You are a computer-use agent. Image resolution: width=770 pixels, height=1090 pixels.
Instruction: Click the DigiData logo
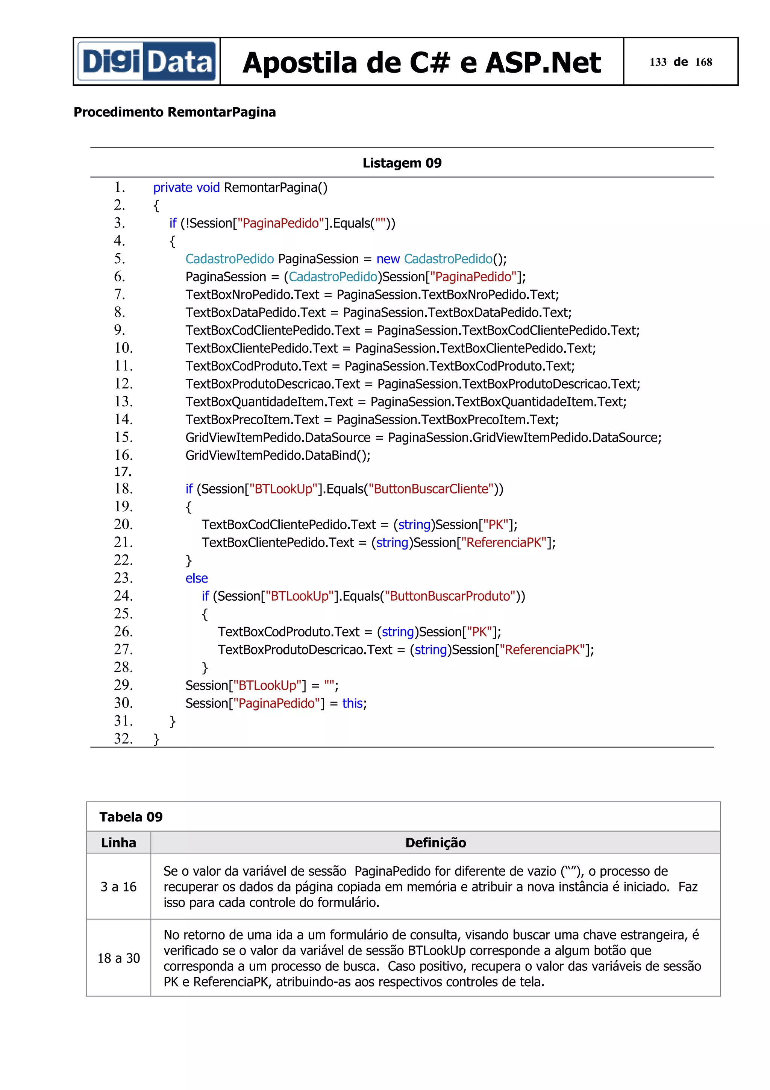tap(147, 61)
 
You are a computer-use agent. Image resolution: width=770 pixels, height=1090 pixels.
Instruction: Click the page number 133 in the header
tap(658, 62)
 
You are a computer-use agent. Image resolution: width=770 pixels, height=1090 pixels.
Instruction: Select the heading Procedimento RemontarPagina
tap(174, 112)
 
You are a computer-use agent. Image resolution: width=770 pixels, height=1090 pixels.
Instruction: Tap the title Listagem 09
tap(402, 163)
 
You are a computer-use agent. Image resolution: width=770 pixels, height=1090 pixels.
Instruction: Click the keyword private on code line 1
tap(172, 188)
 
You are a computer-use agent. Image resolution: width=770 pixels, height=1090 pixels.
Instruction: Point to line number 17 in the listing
tap(123, 471)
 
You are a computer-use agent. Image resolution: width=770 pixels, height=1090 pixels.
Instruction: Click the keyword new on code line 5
tap(388, 259)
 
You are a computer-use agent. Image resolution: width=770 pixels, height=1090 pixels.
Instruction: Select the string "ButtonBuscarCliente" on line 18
tap(431, 489)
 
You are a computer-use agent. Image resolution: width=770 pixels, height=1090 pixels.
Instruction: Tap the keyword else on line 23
tap(196, 578)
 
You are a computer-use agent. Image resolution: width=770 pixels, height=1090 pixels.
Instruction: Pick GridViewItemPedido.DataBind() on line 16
tap(277, 455)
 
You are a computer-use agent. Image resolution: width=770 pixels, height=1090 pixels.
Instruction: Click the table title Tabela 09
tap(131, 817)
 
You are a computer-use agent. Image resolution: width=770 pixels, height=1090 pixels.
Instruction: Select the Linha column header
tap(118, 842)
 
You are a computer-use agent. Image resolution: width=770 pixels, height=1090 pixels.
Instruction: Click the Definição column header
tap(435, 842)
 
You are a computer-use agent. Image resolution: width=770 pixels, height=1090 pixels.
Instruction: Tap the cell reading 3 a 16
tap(118, 887)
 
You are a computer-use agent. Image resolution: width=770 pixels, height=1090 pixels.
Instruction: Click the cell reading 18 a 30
tap(118, 958)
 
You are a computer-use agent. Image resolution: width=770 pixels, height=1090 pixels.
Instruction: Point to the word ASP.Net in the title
tap(543, 62)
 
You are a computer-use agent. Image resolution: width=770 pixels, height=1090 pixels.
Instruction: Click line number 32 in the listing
tap(123, 738)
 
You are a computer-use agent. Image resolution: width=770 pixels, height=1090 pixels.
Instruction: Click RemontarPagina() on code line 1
tap(275, 188)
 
